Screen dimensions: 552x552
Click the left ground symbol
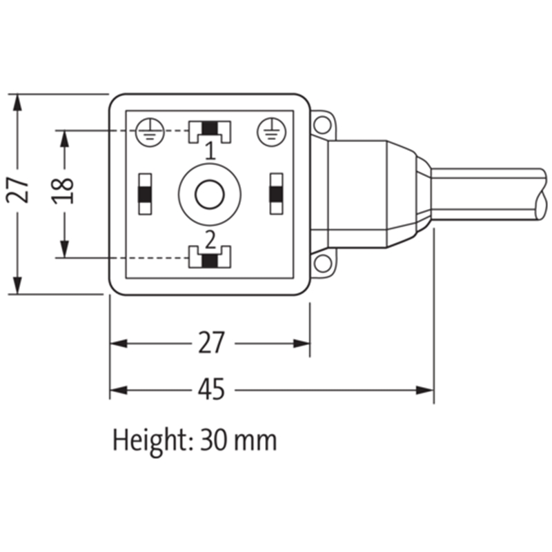[150, 132]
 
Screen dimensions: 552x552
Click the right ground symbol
[271, 132]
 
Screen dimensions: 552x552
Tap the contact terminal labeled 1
[210, 132]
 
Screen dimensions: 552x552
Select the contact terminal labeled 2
[210, 257]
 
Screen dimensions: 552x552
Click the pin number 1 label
[210, 151]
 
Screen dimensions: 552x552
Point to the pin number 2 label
[210, 240]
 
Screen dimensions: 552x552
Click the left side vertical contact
[145, 194]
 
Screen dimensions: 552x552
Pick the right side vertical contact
[277, 194]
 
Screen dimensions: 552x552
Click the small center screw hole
[210, 195]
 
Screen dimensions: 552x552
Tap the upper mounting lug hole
[322, 124]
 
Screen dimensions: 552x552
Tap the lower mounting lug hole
[322, 264]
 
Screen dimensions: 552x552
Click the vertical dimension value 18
[63, 191]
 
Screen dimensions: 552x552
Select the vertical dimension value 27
[18, 190]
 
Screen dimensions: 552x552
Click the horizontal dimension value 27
[211, 342]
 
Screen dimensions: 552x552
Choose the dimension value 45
[211, 389]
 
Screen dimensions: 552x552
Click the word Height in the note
[152, 440]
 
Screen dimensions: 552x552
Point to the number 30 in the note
[214, 440]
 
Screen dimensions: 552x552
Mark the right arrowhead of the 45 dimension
[425, 390]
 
